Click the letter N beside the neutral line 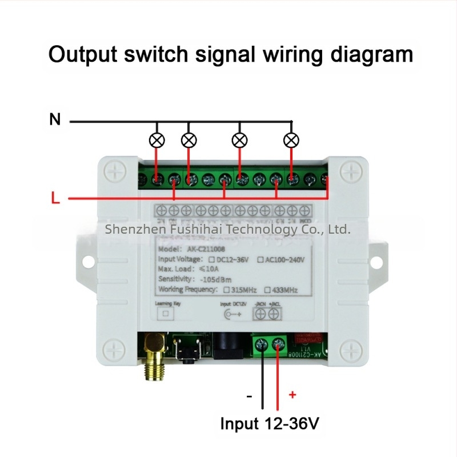point(55,120)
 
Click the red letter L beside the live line point(55,199)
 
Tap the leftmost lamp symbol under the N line point(156,139)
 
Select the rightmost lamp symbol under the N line point(292,139)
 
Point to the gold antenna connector point(153,357)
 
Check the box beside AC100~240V point(262,259)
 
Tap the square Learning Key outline point(166,314)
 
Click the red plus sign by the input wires point(293,394)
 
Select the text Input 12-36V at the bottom point(270,424)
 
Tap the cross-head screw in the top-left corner point(116,170)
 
